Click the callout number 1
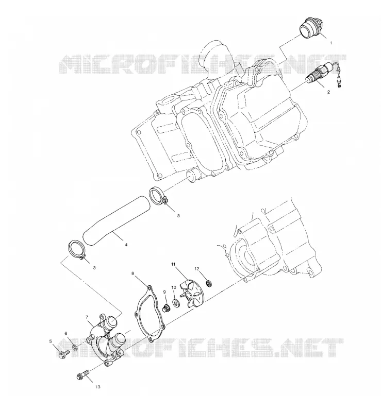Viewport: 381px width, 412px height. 331,43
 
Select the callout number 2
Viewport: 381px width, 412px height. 328,92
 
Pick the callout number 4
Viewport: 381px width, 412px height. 126,245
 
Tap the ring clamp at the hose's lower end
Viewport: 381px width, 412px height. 77,250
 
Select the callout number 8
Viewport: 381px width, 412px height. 132,273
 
